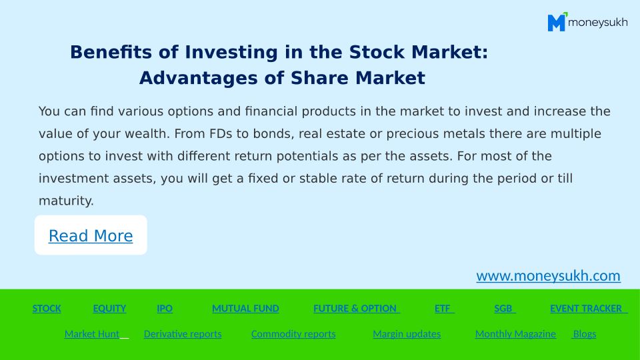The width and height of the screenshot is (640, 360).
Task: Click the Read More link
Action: coord(91,236)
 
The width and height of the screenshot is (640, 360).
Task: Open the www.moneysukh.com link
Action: coord(548,276)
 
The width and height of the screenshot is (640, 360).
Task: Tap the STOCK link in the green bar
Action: coord(47,309)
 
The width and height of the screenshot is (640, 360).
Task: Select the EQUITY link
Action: coord(109,309)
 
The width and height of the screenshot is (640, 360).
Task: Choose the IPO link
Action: coord(165,309)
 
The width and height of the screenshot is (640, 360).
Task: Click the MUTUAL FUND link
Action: coord(245,309)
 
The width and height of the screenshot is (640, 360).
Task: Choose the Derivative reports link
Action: coord(183,334)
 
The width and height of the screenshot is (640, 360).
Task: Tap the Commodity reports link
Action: coord(293,334)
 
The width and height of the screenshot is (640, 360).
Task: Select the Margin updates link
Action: coord(407,334)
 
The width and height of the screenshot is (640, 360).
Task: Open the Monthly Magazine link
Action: coord(515,334)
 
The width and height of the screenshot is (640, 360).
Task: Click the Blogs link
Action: coord(584,334)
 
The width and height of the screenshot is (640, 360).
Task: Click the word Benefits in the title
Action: coord(111,52)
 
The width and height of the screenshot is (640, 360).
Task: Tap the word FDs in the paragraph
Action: coord(221,134)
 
